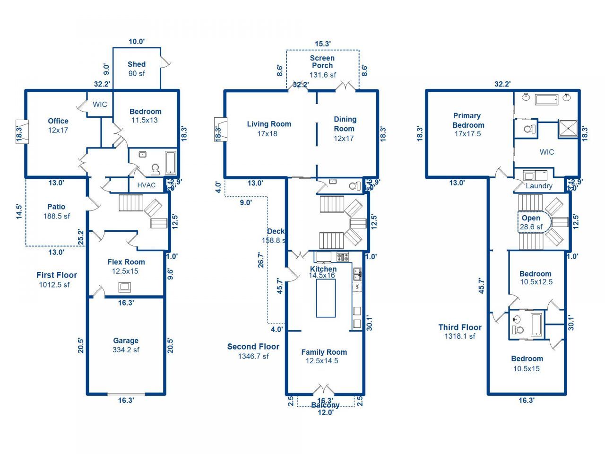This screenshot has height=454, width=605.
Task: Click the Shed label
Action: pyautogui.click(x=137, y=64)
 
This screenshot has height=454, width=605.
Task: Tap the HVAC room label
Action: pyautogui.click(x=146, y=185)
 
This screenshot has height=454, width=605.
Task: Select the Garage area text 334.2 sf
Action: pyautogui.click(x=126, y=350)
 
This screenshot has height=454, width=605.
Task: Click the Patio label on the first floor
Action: pyautogui.click(x=56, y=207)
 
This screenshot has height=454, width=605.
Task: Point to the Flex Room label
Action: pyautogui.click(x=126, y=262)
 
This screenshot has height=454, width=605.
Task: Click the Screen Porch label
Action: pyautogui.click(x=322, y=62)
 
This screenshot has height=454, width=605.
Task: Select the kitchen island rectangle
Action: pyautogui.click(x=326, y=298)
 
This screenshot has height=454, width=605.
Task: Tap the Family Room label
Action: pyautogui.click(x=324, y=352)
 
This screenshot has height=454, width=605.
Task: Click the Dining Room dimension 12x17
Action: pyautogui.click(x=345, y=139)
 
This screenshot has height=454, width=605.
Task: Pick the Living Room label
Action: pyautogui.click(x=269, y=124)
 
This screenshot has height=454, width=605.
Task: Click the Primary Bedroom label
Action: pyautogui.click(x=468, y=120)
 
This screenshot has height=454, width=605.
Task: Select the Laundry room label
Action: pyautogui.click(x=539, y=186)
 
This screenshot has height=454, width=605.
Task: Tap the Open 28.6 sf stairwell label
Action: pyautogui.click(x=531, y=222)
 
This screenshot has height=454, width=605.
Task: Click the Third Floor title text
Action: pyautogui.click(x=459, y=327)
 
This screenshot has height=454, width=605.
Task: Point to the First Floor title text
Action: pyautogui.click(x=56, y=275)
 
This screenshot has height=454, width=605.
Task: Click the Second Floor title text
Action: pyautogui.click(x=253, y=347)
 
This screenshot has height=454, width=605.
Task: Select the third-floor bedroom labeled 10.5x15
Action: pyautogui.click(x=527, y=364)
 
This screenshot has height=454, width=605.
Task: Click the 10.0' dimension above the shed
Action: pyautogui.click(x=137, y=42)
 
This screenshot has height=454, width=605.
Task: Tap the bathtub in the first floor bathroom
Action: pyautogui.click(x=170, y=162)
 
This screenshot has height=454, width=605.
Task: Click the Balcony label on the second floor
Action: pyautogui.click(x=325, y=405)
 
